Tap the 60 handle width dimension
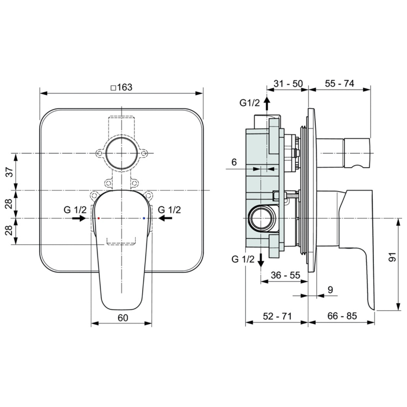[122, 318]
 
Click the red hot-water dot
[98, 218]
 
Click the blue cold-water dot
[144, 218]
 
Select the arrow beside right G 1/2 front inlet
[166, 218]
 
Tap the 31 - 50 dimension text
[288, 84]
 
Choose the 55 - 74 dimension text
[340, 84]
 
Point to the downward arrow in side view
[261, 260]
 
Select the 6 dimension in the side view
[233, 162]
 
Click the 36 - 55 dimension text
[285, 275]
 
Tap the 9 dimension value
[330, 290]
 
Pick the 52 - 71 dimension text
[277, 316]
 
